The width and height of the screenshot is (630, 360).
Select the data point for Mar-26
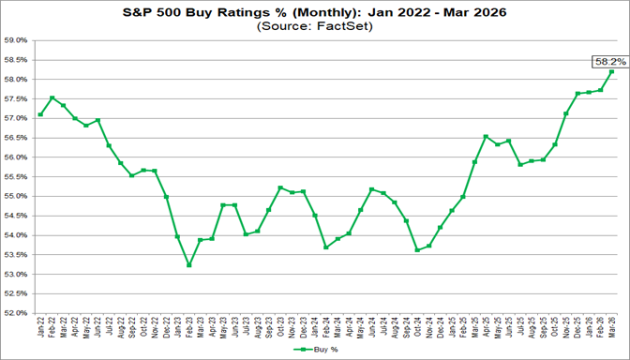[x=611, y=72]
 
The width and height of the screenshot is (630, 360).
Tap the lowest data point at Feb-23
[x=189, y=264]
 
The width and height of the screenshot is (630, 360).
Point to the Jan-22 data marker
[x=40, y=114]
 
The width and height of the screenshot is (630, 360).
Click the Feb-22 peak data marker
[x=52, y=97]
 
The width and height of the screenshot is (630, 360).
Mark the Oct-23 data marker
[x=280, y=187]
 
